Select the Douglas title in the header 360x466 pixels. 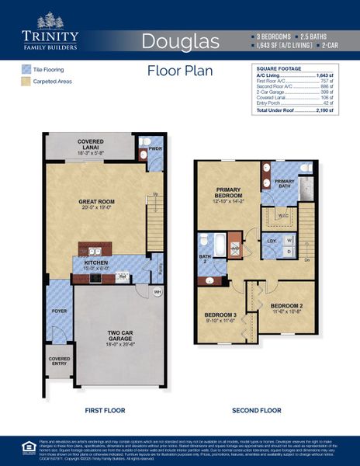click(180, 40)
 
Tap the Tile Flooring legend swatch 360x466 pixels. click(26, 69)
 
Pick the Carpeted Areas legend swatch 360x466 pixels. click(26, 81)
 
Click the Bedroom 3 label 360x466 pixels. click(220, 316)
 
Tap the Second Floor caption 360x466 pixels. click(257, 409)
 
